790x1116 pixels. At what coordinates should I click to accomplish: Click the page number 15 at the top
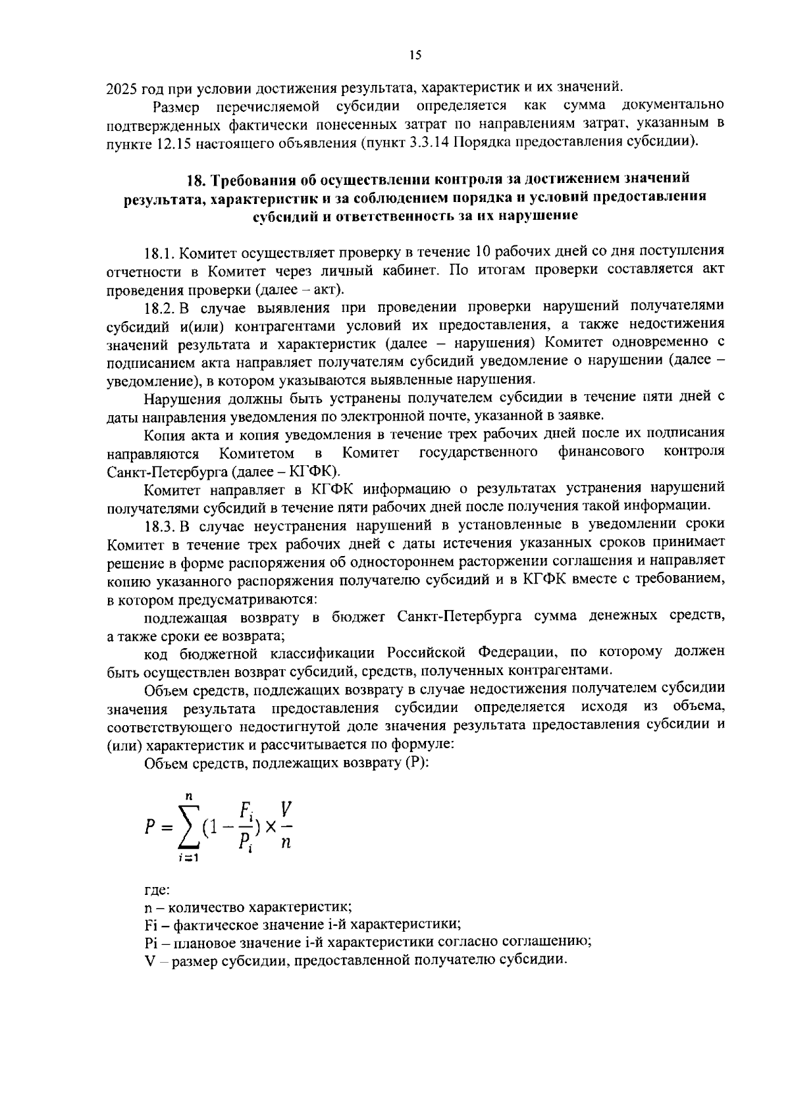[415, 55]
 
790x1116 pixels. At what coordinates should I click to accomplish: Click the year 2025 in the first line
[121, 87]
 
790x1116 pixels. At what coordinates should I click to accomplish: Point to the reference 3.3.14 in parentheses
[429, 142]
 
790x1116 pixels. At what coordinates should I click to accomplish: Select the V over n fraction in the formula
[286, 825]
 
